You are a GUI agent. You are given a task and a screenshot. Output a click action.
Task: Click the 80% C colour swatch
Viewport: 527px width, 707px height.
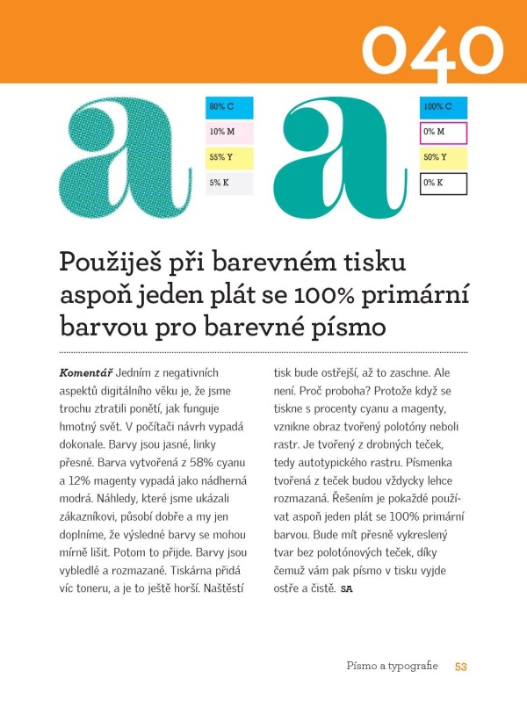pyautogui.click(x=228, y=107)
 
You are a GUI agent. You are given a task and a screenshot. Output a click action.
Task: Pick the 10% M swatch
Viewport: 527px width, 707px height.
pyautogui.click(x=228, y=133)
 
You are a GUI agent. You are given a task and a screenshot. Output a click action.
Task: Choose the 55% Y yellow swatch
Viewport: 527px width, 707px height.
pyautogui.click(x=228, y=158)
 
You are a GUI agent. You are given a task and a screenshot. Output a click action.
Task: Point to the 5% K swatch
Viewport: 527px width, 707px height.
pyautogui.click(x=228, y=184)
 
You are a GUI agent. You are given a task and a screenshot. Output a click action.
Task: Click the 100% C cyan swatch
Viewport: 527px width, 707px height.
pyautogui.click(x=444, y=107)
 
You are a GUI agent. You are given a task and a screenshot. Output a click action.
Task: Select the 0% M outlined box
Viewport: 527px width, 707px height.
pyautogui.click(x=444, y=133)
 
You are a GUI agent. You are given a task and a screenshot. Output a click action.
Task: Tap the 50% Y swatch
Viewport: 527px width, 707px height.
pyautogui.click(x=444, y=158)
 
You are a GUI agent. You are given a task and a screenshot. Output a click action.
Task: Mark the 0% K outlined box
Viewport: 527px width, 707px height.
pyautogui.click(x=444, y=184)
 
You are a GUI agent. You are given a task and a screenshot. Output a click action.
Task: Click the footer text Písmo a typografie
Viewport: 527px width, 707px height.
pyautogui.click(x=391, y=667)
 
